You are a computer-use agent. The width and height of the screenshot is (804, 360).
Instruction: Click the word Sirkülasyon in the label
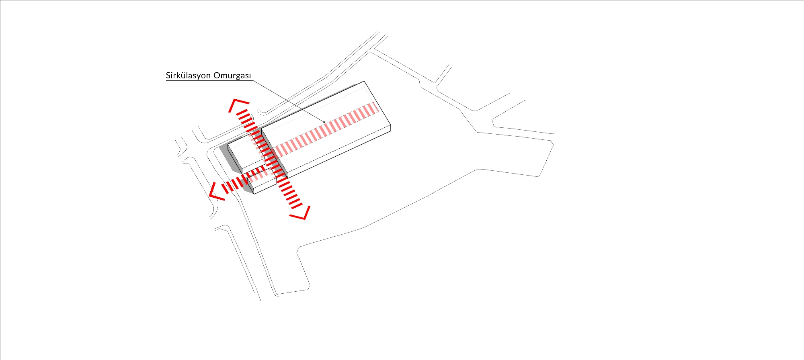[188, 76]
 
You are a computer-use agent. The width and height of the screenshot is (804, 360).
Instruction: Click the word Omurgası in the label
[232, 76]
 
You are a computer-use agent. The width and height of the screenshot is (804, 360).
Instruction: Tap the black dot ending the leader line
[324, 122]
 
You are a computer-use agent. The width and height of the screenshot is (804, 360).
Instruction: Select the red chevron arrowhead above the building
[238, 104]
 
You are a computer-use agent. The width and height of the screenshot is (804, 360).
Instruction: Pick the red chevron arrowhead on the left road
[216, 191]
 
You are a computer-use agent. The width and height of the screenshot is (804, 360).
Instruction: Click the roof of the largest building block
[326, 125]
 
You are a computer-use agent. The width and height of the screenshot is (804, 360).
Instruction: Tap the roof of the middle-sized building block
[246, 151]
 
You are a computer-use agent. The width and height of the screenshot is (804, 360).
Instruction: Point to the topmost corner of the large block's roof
[364, 81]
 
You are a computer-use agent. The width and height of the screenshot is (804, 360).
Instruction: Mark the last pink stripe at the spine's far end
[375, 108]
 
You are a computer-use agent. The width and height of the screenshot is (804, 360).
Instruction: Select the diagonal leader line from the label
[289, 101]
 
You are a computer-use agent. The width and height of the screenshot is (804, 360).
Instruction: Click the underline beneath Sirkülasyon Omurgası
[209, 80]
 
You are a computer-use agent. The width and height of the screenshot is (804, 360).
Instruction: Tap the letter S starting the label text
[168, 76]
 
